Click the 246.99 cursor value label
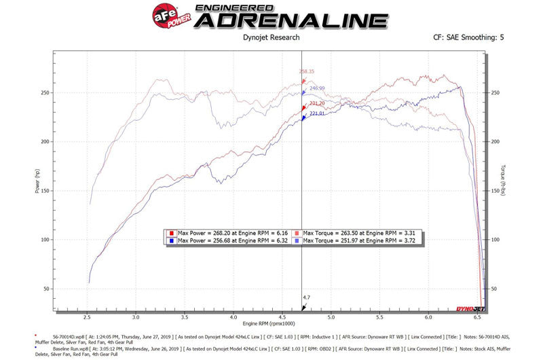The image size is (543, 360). [x=317, y=88]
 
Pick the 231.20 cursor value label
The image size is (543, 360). [x=317, y=103]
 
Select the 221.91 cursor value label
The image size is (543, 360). [x=317, y=113]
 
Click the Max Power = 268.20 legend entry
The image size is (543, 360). [x=224, y=232]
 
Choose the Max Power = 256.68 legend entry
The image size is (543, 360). [x=224, y=240]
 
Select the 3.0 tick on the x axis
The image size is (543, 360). [x=136, y=317]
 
